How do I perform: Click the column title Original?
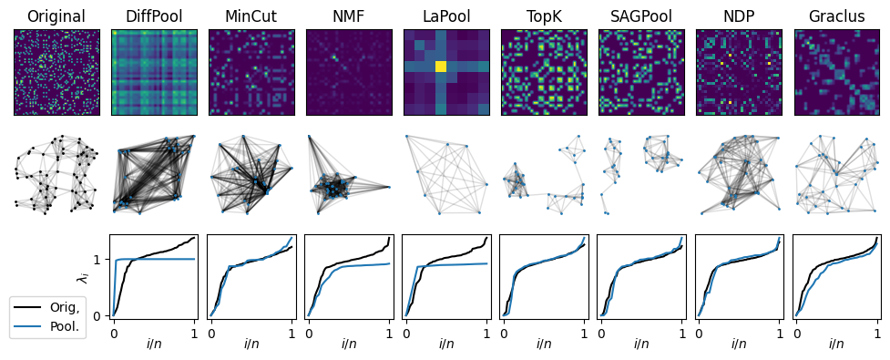56,16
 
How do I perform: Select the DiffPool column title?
154,16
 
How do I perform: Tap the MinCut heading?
251,16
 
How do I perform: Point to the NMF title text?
349,16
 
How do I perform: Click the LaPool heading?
446,16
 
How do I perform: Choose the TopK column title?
544,16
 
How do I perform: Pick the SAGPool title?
641,16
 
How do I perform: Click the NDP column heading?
739,16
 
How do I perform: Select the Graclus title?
836,16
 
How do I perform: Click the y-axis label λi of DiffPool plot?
85,275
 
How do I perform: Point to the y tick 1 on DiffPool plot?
99,260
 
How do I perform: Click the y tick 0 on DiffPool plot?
99,316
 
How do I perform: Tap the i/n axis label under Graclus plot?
836,345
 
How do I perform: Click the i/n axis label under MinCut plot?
251,345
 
